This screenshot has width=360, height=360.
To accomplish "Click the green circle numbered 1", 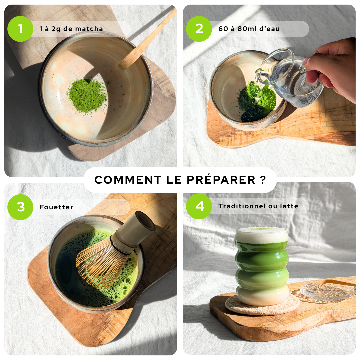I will pos(20,29).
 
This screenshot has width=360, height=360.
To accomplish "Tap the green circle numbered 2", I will pos(199,29).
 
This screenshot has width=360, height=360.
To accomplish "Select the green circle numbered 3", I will pos(20,207).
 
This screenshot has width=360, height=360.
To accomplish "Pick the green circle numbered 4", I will pos(199,206).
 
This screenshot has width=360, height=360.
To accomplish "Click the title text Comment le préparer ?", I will pos(180,180).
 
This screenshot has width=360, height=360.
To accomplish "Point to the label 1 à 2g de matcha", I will pos(71,29).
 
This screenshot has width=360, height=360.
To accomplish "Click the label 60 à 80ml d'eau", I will pos(249,29).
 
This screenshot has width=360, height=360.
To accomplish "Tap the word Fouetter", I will pos(56,207).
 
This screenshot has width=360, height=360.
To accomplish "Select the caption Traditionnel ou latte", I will pos(258,206).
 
